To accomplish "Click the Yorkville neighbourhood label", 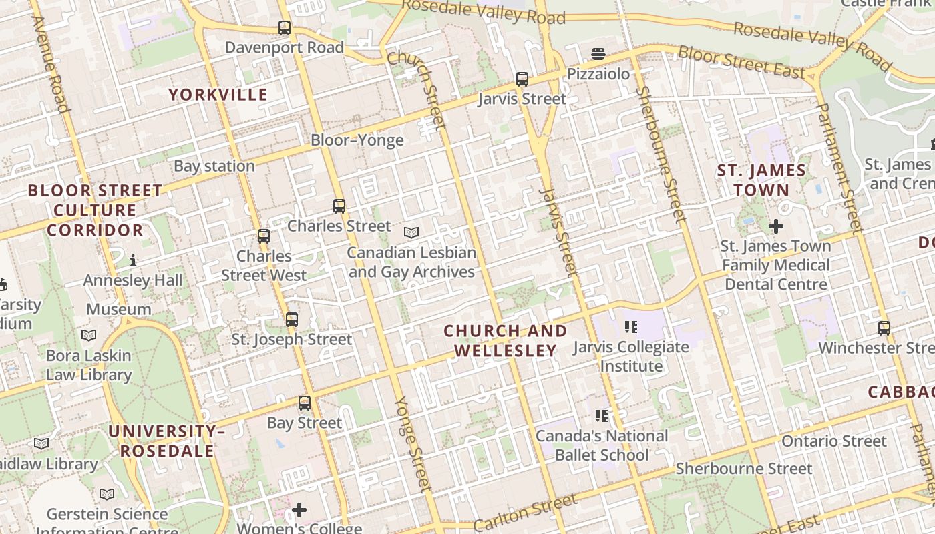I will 218,95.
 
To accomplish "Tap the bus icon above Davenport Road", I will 285,28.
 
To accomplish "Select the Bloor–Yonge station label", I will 357,140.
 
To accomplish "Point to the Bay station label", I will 214,166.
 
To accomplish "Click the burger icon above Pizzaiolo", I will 598,53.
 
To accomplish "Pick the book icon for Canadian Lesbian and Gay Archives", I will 411,233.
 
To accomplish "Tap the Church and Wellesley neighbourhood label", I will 506,340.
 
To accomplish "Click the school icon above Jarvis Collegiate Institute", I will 630,327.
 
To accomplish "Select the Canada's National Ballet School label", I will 602,445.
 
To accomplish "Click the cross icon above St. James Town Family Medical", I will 775,226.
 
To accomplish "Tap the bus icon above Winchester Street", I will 884,328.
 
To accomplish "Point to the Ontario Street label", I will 834,441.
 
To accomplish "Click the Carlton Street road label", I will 525,513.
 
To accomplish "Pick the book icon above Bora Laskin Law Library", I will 89,335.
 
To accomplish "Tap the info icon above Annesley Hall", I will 133,260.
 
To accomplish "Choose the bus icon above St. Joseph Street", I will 292,320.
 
